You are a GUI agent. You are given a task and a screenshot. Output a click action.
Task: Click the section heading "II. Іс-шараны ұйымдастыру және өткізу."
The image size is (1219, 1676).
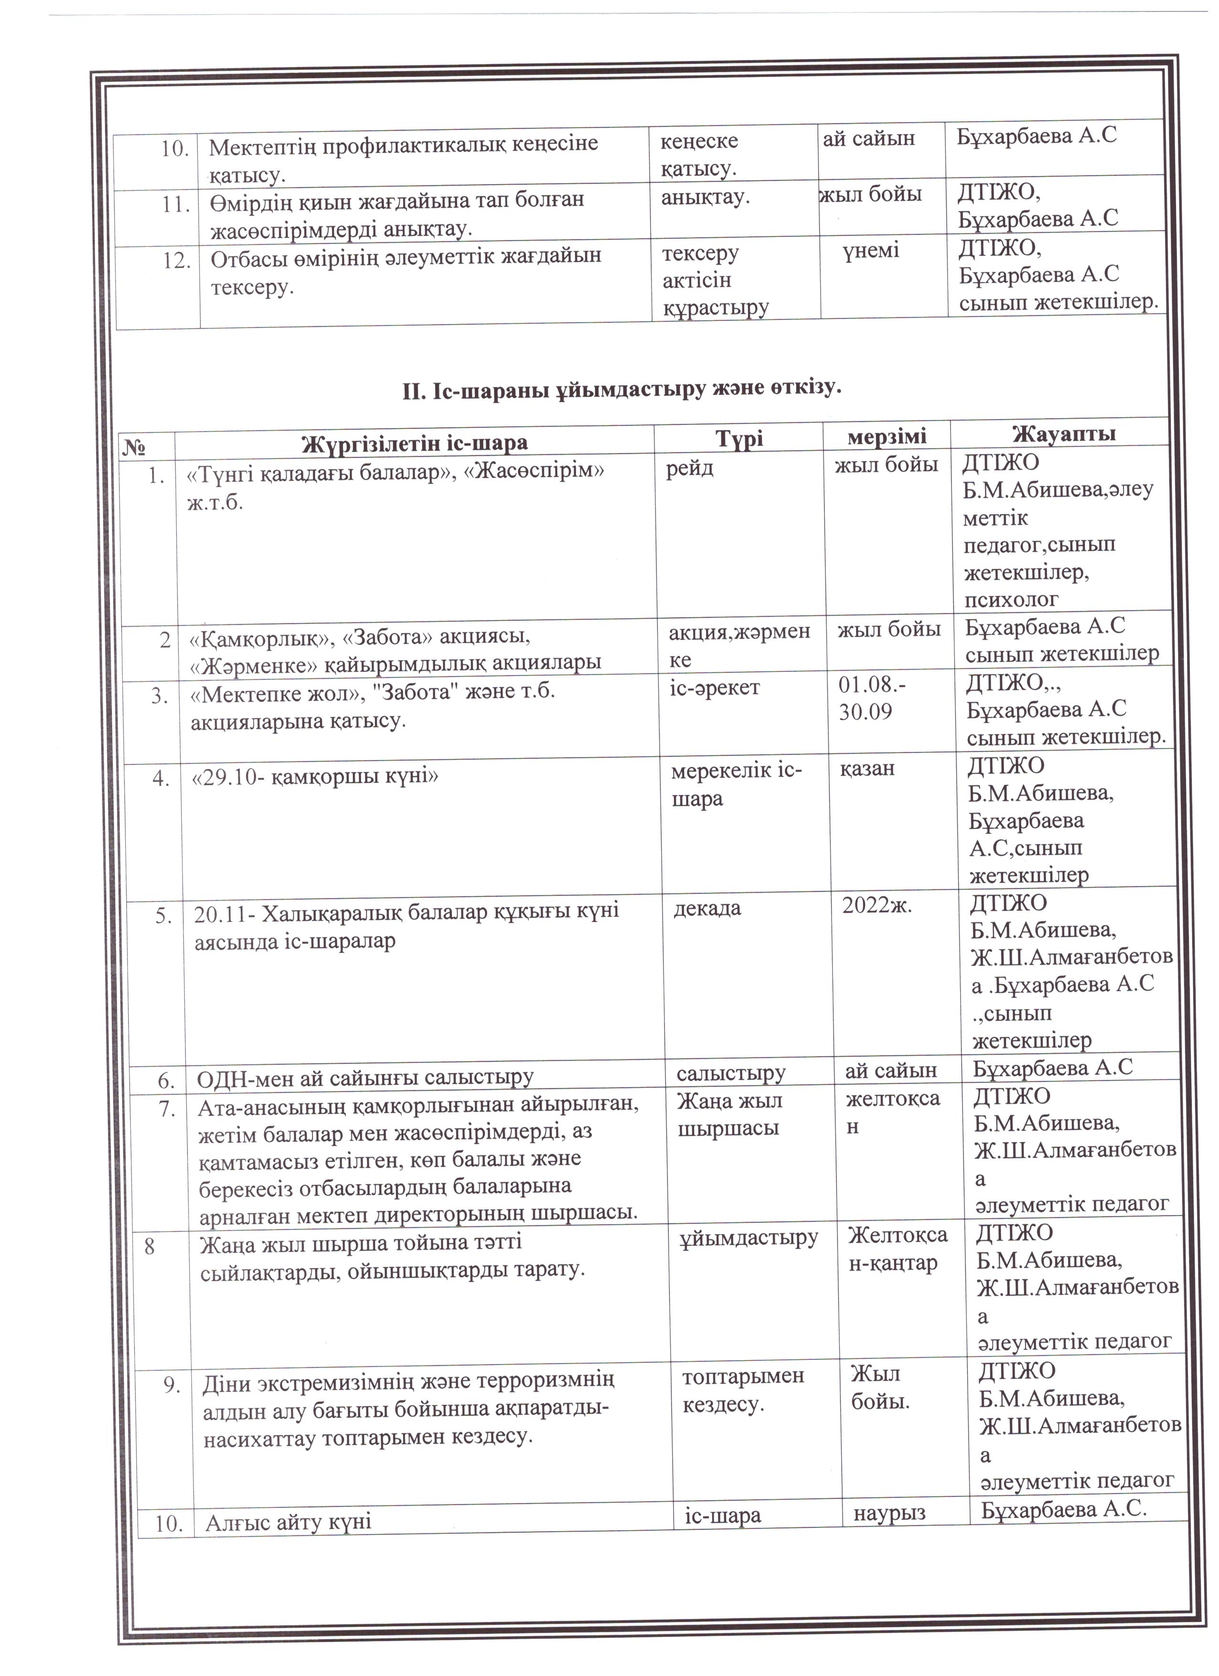[x=622, y=387]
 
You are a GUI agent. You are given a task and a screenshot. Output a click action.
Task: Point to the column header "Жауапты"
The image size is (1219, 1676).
[x=1063, y=434]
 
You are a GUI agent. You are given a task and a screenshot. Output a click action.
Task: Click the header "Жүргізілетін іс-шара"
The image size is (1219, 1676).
[x=415, y=443]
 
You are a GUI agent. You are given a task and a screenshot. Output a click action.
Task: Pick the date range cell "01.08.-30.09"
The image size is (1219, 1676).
[x=872, y=698]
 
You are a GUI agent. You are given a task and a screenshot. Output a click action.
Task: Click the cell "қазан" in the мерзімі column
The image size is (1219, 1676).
[x=866, y=769]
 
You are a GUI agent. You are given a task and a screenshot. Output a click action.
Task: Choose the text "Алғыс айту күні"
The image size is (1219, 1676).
[x=289, y=1521]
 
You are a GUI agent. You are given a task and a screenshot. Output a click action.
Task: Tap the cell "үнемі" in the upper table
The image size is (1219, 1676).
[x=870, y=251]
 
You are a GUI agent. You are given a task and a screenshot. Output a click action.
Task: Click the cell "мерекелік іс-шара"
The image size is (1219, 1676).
[x=736, y=785]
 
